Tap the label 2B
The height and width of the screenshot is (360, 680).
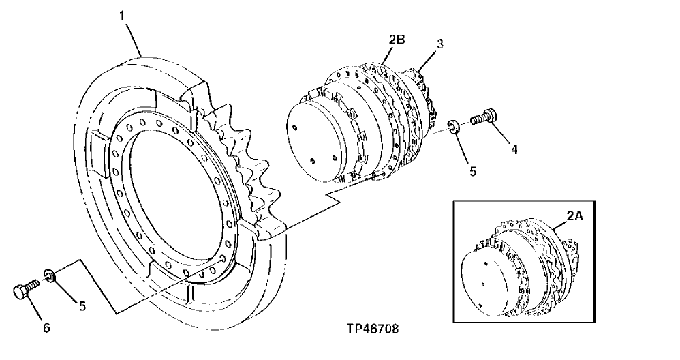click(x=397, y=40)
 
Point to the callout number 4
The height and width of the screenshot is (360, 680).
click(x=514, y=149)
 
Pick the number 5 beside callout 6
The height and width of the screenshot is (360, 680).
click(x=81, y=305)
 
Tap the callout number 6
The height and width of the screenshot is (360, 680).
click(x=46, y=328)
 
